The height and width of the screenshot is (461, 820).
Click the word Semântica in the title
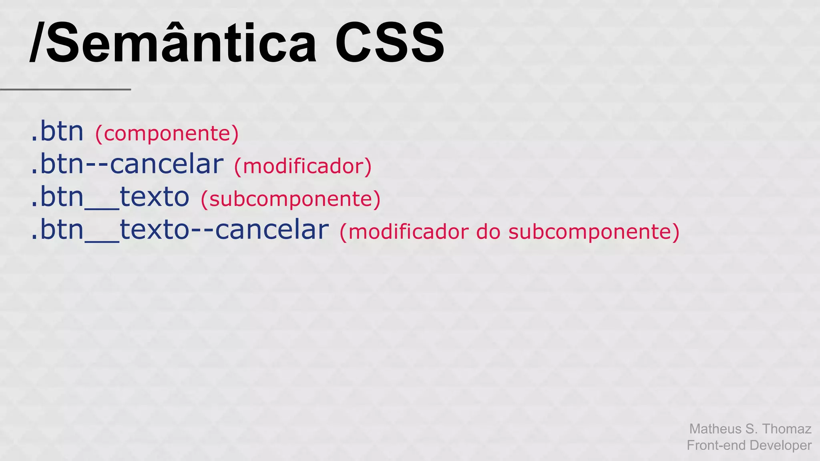click(182, 43)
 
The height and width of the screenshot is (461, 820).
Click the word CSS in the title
click(389, 43)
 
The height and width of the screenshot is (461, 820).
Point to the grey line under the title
click(65, 89)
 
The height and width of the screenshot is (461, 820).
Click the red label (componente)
click(167, 133)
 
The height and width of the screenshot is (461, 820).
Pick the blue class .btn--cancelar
click(127, 164)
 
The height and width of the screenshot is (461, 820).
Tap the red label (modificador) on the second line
click(303, 166)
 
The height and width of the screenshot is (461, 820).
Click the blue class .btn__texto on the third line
click(110, 197)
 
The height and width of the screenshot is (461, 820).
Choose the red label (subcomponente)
click(290, 199)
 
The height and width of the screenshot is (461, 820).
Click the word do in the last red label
click(488, 232)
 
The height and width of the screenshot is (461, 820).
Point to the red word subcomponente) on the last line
click(594, 232)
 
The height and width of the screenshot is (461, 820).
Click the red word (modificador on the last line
click(404, 232)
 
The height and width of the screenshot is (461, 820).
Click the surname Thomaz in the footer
click(787, 429)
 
